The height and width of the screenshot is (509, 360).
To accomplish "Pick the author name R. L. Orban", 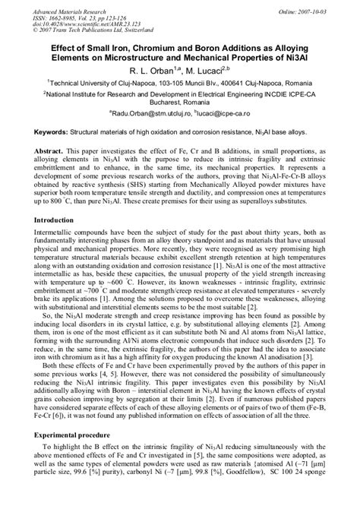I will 147,68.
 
